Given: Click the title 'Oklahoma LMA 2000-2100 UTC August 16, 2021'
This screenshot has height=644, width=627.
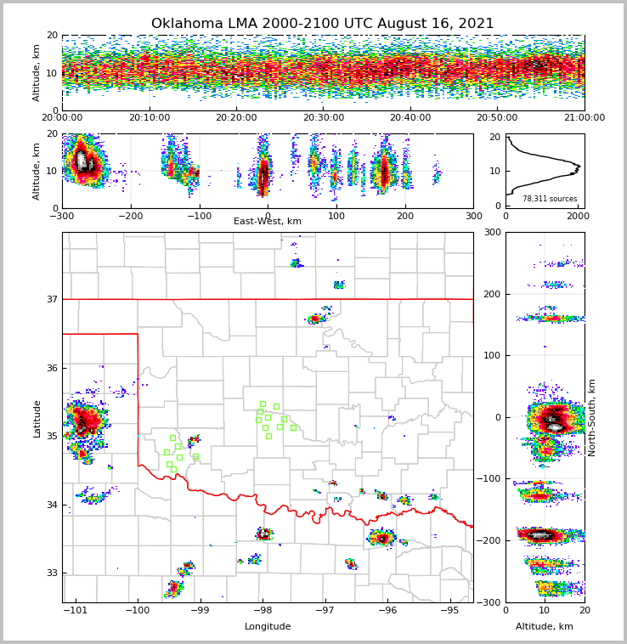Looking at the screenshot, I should click(x=322, y=24).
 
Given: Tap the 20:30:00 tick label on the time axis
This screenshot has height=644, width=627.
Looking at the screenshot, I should click(x=324, y=118).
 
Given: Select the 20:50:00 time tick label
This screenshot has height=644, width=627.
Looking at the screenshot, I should click(x=497, y=118).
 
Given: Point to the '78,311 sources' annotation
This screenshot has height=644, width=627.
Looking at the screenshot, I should click(x=550, y=199).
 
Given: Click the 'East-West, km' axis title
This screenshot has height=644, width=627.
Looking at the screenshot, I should click(x=268, y=222).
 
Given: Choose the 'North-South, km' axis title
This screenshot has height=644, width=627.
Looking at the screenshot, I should click(x=592, y=417).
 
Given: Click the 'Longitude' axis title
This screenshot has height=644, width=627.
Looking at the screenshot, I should click(x=268, y=627).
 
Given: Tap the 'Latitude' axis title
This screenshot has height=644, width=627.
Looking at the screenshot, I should click(x=37, y=418).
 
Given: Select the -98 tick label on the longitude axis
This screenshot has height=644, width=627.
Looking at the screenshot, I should click(x=263, y=610).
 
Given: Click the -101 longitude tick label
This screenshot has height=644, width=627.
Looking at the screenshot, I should click(x=75, y=610).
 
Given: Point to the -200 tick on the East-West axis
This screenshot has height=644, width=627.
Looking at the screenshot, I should click(x=130, y=216).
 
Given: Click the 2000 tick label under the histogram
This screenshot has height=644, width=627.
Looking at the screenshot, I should click(x=577, y=216).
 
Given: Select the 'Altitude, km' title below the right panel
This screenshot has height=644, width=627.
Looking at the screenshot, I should click(x=545, y=627).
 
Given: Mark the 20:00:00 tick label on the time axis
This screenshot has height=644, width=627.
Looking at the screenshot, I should click(x=63, y=118).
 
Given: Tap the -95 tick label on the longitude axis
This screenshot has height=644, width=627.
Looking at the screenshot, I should click(x=449, y=610).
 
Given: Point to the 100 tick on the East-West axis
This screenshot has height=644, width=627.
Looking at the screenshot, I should click(x=336, y=216).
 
